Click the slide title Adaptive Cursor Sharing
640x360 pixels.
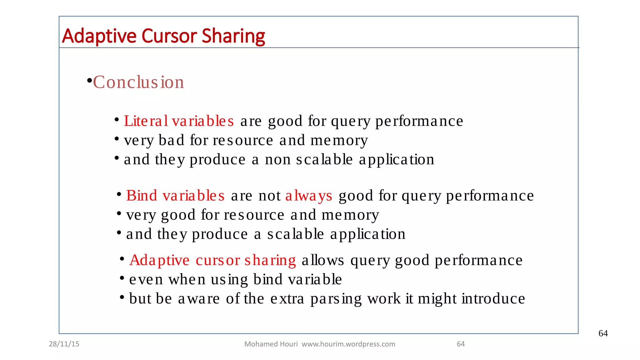[163, 36]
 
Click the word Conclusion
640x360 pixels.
[138, 82]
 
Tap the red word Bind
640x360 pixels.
[142, 196]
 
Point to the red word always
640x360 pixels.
[309, 196]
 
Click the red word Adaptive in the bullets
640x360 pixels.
[159, 260]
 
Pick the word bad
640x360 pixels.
[171, 140]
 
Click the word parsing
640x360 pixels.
[336, 299]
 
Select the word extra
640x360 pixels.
[287, 299]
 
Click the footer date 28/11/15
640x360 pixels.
[64, 344]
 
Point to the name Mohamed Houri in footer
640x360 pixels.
[271, 344]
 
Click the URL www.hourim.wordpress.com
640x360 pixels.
[348, 344]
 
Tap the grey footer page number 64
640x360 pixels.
[461, 344]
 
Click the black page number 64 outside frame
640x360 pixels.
[603, 333]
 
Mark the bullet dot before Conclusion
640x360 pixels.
[89, 81]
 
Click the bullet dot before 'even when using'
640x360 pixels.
[122, 277]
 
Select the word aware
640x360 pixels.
[199, 299]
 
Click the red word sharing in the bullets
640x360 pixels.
[270, 260]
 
